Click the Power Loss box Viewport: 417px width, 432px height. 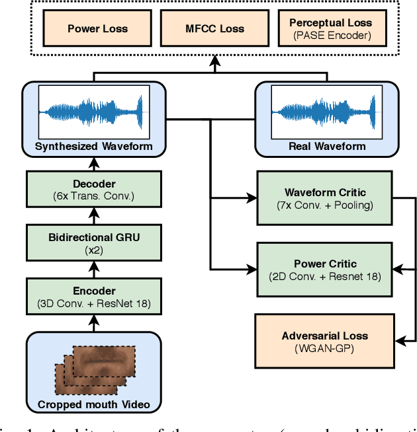coord(97,28)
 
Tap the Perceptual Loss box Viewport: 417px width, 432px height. coord(330,28)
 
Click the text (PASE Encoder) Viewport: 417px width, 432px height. coord(330,35)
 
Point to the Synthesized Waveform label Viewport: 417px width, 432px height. coord(93,146)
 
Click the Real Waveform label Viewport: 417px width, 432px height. coord(328,146)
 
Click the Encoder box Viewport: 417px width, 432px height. coord(93,296)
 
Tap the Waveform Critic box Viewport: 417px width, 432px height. coord(324,198)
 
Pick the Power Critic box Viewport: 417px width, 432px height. coord(324,269)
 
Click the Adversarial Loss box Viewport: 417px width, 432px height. coord(324,340)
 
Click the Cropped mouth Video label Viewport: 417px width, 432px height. coord(93,404)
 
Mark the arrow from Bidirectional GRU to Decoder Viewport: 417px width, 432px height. coord(93,213)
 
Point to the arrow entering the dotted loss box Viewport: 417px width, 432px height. coord(213,65)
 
